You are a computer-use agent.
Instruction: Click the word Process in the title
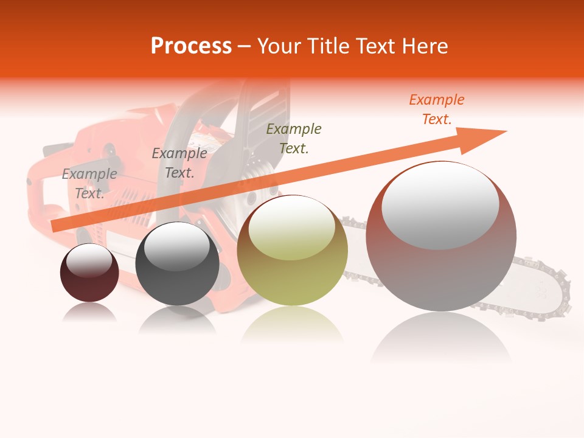tap(191, 46)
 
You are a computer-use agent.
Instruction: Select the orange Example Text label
tap(436, 109)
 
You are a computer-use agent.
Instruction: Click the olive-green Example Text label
tap(294, 138)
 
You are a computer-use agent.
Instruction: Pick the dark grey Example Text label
tap(179, 163)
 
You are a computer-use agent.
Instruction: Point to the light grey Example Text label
tap(89, 183)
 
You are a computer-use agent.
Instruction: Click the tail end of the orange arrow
tap(56, 226)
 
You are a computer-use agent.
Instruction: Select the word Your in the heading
tap(280, 46)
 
